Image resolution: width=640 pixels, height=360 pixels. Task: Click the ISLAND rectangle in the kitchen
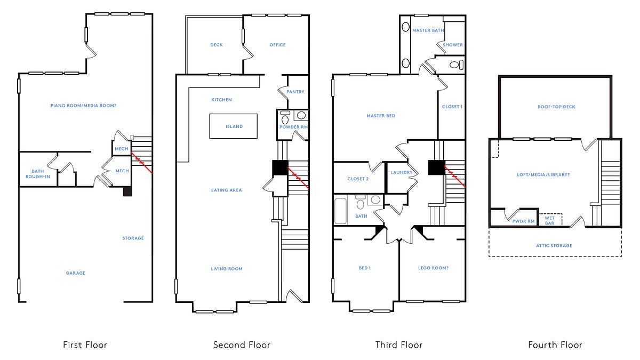(x=233, y=126)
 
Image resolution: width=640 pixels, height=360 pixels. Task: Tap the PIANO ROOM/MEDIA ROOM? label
(x=83, y=106)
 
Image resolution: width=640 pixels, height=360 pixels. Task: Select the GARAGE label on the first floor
(x=76, y=273)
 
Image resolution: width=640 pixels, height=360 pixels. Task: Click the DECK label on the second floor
(x=216, y=45)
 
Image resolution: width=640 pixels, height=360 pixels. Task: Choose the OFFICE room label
(x=277, y=45)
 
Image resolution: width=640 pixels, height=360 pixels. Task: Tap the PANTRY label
(x=295, y=92)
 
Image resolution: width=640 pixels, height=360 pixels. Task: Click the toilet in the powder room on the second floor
(x=285, y=115)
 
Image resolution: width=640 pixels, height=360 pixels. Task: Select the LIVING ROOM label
(x=227, y=269)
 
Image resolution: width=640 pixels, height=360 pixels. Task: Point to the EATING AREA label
(x=227, y=190)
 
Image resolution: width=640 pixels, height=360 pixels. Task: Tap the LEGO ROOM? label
(x=433, y=268)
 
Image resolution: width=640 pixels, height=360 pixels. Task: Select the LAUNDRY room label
(x=401, y=172)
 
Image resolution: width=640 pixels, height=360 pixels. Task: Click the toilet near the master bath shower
(x=455, y=65)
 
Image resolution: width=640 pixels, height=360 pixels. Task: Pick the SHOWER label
(x=453, y=45)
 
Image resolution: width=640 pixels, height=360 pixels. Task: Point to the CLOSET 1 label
(x=452, y=107)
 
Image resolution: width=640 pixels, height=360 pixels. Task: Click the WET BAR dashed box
(x=549, y=220)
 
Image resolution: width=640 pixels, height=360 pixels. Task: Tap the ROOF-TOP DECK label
(x=556, y=107)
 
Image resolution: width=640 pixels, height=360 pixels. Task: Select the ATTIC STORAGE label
(x=554, y=245)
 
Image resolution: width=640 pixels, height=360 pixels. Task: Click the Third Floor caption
(x=398, y=345)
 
